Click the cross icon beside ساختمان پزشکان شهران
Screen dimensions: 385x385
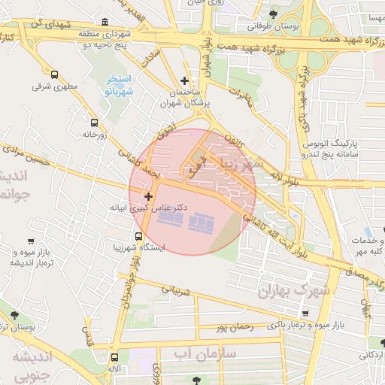click(185, 80)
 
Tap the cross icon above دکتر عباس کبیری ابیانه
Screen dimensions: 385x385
click(148, 196)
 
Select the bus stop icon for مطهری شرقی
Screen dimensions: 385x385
click(55, 74)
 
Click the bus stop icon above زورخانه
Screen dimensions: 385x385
click(94, 123)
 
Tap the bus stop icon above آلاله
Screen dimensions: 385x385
click(115, 358)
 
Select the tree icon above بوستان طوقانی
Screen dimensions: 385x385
click(272, 14)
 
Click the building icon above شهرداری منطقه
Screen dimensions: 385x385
click(102, 21)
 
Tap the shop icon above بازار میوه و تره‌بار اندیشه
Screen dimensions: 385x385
click(30, 241)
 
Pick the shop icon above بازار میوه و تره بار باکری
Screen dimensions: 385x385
click(305, 314)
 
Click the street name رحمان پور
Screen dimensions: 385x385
click(233, 328)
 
